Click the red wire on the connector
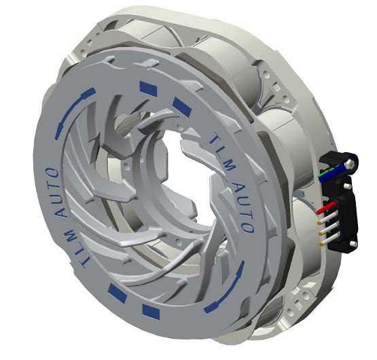point(326,208)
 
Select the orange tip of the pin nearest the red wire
point(319,223)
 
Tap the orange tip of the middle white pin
point(320,234)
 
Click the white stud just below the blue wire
point(347,186)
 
